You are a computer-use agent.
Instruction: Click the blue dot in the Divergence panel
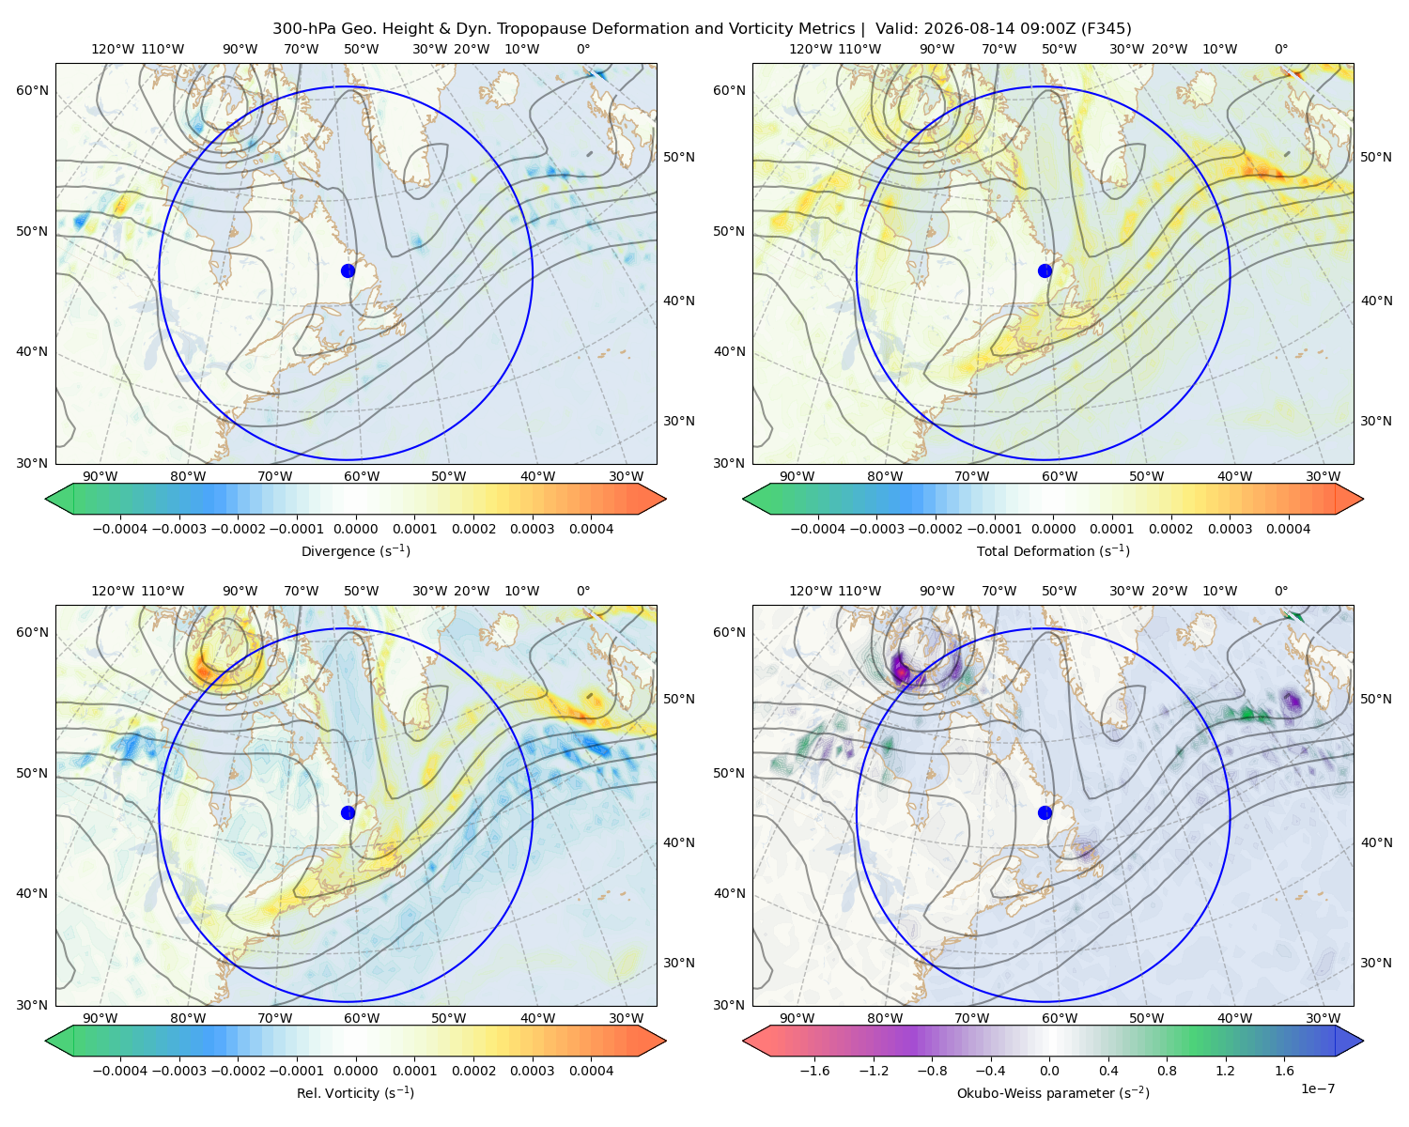(348, 271)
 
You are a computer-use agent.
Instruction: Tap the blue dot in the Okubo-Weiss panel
(1045, 812)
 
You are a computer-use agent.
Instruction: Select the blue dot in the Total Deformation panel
(1045, 271)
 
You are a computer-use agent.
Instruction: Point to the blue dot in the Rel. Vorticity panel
(348, 812)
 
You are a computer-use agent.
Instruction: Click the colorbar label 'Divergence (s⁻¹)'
(355, 551)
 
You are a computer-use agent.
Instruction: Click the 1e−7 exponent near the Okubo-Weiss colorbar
(1317, 1089)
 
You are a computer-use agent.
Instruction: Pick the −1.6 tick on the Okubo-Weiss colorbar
(814, 1071)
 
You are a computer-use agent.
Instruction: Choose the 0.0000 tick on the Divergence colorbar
(355, 529)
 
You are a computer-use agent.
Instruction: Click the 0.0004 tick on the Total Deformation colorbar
(1288, 529)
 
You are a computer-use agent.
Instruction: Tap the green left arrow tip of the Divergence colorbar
(46, 499)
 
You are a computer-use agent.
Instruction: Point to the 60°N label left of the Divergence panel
(32, 90)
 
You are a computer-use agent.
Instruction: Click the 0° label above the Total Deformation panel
(1280, 49)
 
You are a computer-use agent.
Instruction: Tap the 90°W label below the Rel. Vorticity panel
(101, 1018)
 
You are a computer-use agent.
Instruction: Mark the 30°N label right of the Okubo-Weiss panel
(1376, 963)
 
